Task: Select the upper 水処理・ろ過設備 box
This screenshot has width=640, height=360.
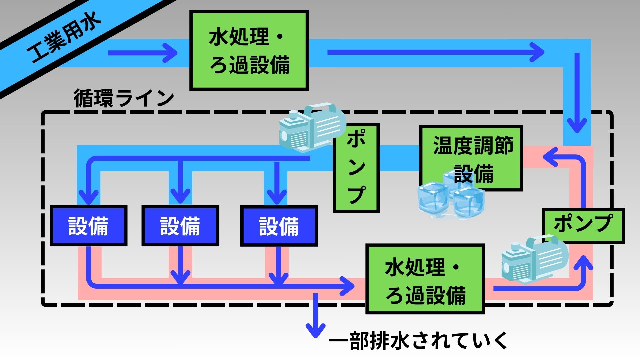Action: (x=249, y=51)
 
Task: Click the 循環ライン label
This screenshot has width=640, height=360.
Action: (x=124, y=98)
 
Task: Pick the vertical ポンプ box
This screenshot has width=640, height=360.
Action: (x=356, y=168)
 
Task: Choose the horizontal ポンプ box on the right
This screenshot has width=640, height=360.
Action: (x=583, y=225)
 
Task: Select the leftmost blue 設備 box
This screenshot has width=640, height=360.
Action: (x=88, y=226)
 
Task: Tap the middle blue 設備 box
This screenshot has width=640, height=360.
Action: (x=180, y=226)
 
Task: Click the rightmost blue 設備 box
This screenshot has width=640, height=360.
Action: (x=279, y=226)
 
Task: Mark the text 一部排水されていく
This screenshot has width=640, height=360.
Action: (x=418, y=341)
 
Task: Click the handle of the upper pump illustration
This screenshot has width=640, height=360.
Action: (x=320, y=108)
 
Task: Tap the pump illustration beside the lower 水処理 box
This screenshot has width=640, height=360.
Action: (x=533, y=258)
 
